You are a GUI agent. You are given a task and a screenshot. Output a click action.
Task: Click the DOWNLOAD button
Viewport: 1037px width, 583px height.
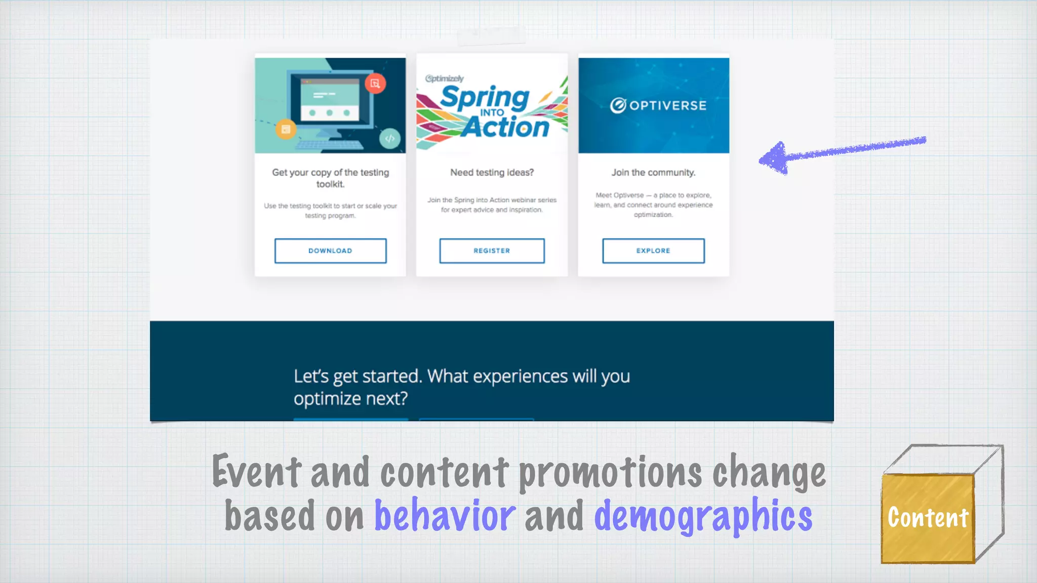pos(330,251)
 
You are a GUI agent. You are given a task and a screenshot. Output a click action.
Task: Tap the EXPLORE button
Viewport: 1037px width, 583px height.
pos(653,251)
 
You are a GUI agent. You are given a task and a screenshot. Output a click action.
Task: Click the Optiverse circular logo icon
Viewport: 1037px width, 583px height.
pos(618,105)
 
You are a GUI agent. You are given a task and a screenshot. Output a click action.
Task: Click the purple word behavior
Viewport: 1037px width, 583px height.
pos(445,515)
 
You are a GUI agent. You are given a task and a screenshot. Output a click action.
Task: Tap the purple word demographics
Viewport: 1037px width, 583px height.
pos(703,515)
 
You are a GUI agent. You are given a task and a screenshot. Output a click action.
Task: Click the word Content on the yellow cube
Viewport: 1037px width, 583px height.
pos(928,518)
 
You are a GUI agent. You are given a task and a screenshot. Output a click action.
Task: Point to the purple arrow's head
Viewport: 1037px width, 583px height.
pos(772,159)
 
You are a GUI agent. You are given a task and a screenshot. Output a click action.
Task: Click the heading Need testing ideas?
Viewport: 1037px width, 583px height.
pos(492,173)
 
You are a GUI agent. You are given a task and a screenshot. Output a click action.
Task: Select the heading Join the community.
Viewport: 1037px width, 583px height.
pos(653,173)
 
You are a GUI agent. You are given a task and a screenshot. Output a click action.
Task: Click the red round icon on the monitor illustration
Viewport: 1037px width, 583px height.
pos(375,84)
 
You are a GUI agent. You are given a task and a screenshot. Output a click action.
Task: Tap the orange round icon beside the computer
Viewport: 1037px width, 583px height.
pos(286,129)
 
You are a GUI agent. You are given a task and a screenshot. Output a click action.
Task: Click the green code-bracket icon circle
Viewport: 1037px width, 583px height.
pos(390,138)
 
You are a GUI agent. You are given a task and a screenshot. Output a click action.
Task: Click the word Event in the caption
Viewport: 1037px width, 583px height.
pos(257,472)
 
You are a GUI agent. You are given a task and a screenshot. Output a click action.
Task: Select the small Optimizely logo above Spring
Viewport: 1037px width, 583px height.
pos(445,78)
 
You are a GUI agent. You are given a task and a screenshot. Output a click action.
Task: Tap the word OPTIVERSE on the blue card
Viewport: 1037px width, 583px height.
pos(667,105)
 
